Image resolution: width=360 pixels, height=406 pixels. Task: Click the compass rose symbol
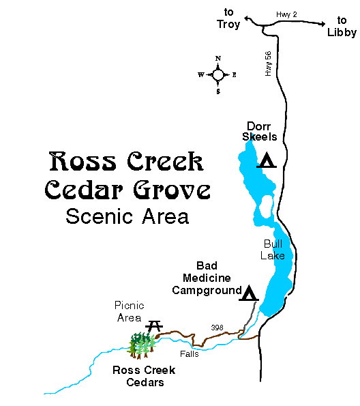tap(218, 74)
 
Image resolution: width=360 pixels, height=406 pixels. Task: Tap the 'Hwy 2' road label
tap(288, 14)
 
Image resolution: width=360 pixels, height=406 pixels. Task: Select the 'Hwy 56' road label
tap(269, 62)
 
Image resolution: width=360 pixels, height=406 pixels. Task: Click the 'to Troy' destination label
tap(229, 18)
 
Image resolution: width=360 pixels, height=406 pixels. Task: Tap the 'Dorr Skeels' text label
tap(259, 132)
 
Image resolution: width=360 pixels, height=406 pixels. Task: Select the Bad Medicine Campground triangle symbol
tap(250, 293)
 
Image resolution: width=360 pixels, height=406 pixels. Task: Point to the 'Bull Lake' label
tap(272, 249)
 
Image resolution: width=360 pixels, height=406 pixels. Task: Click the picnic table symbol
tap(155, 325)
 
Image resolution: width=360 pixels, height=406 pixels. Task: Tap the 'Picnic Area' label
tap(130, 311)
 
